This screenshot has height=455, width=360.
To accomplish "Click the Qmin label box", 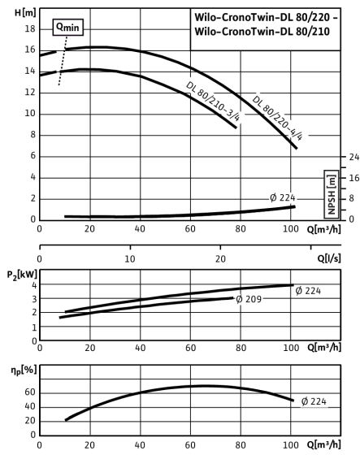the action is tap(68, 28).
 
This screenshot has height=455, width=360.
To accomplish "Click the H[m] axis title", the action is tap(25, 13).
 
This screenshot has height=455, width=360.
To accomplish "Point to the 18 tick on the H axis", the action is tap(29, 29).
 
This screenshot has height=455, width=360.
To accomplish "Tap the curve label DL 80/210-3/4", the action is tap(214, 101).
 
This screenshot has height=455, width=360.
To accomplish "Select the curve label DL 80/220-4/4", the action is tap(278, 118).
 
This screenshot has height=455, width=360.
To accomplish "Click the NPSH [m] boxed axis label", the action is tap(332, 194).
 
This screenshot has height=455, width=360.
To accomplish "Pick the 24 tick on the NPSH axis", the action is tap(353, 157).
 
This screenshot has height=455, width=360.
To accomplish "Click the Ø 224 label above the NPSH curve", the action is tap(283, 198).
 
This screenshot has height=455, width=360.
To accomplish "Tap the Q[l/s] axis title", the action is tap(329, 258).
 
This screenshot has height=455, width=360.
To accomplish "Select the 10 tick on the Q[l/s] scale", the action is tap(130, 259).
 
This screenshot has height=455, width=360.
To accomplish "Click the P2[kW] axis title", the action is tap(22, 275).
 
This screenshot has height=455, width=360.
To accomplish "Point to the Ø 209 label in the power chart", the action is tap(249, 299).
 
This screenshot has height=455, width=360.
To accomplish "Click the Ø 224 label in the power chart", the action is tap(308, 291).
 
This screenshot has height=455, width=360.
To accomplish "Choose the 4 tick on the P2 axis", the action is tap(34, 285).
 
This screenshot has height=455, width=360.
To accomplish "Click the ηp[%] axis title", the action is tap(24, 370).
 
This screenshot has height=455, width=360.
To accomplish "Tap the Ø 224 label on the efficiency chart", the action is tap(314, 401).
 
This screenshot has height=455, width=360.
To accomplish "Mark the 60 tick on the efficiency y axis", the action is tap(30, 392).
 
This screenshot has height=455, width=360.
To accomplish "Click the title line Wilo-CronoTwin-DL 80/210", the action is tap(262, 32).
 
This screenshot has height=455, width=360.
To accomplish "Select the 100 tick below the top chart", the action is tap(291, 229).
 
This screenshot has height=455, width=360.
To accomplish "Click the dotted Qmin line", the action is tap(63, 61).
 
